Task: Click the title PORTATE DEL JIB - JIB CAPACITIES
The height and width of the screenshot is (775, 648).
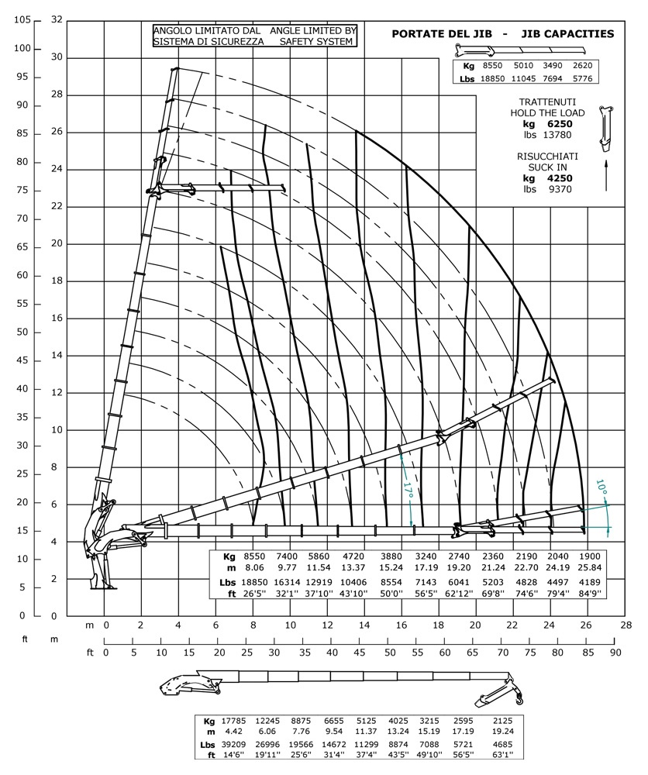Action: (503, 33)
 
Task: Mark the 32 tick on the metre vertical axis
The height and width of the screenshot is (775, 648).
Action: (56, 20)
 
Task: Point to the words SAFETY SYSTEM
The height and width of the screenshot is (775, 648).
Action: (313, 42)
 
